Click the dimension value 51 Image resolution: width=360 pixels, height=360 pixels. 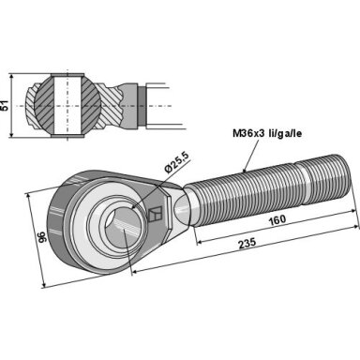pyautogui.click(x=5, y=106)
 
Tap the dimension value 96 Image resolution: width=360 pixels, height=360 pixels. pyautogui.click(x=42, y=237)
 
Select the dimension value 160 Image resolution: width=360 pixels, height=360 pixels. pyautogui.click(x=277, y=219)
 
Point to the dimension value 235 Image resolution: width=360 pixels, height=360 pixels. pyautogui.click(x=247, y=243)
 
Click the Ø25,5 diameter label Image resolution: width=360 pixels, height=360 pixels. pyautogui.click(x=177, y=163)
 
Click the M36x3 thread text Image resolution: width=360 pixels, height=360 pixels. pyautogui.click(x=248, y=134)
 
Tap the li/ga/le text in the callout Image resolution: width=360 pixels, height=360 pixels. pyautogui.click(x=285, y=134)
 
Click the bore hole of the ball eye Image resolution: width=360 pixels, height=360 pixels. pyautogui.click(x=121, y=229)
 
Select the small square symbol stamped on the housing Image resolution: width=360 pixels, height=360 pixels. pyautogui.click(x=155, y=214)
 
